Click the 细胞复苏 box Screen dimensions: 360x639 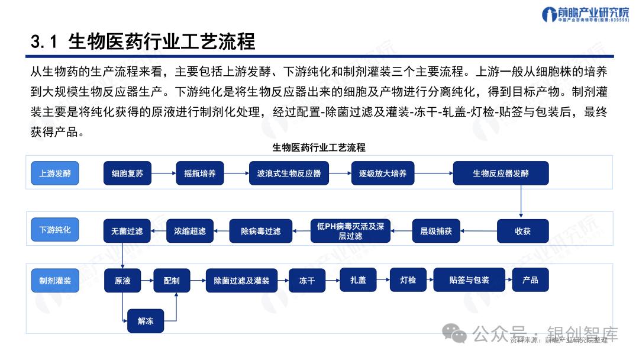tap(127, 173)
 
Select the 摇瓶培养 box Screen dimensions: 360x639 tap(200, 173)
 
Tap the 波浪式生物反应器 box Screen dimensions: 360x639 tap(289, 173)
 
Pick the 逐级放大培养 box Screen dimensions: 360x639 tap(383, 173)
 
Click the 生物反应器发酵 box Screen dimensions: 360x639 tap(501, 173)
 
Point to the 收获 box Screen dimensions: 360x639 tap(522, 231)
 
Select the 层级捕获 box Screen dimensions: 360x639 tap(436, 231)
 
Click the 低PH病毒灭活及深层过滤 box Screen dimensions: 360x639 tap(351, 231)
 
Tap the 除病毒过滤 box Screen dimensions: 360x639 tap(261, 231)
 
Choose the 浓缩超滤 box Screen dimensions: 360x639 tap(189, 231)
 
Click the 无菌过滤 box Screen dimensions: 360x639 tap(127, 231)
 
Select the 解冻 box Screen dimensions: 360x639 tap(146, 321)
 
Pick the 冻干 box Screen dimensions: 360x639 tap(306, 281)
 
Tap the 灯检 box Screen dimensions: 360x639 tap(408, 280)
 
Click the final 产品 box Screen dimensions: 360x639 tap(530, 280)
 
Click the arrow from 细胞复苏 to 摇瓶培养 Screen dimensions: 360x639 tap(163, 173)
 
